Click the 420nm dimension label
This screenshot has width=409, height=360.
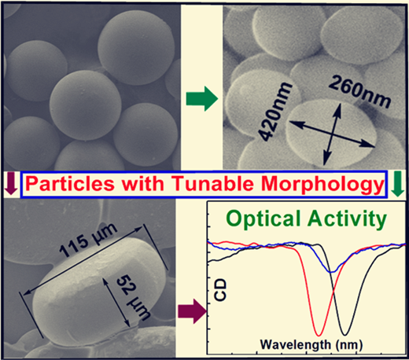(x=275, y=112)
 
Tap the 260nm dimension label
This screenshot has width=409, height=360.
(x=359, y=92)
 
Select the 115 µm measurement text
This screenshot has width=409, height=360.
(x=88, y=241)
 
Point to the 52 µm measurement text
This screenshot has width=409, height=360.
(x=133, y=297)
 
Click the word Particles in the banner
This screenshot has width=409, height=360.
(x=70, y=183)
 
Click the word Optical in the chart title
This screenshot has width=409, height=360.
(x=263, y=219)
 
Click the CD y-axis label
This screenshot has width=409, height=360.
(x=220, y=290)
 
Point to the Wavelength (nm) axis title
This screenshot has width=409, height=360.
(x=311, y=344)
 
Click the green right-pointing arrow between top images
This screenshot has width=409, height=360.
(x=202, y=99)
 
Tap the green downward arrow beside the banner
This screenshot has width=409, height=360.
(x=397, y=184)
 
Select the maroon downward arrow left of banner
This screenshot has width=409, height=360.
(x=11, y=184)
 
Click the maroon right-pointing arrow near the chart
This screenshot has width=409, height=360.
(x=192, y=311)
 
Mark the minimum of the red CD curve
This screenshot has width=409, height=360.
(x=319, y=336)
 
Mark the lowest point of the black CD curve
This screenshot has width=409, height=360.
(x=345, y=335)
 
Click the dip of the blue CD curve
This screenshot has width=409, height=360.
(x=332, y=272)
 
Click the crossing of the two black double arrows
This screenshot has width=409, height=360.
(x=332, y=134)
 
